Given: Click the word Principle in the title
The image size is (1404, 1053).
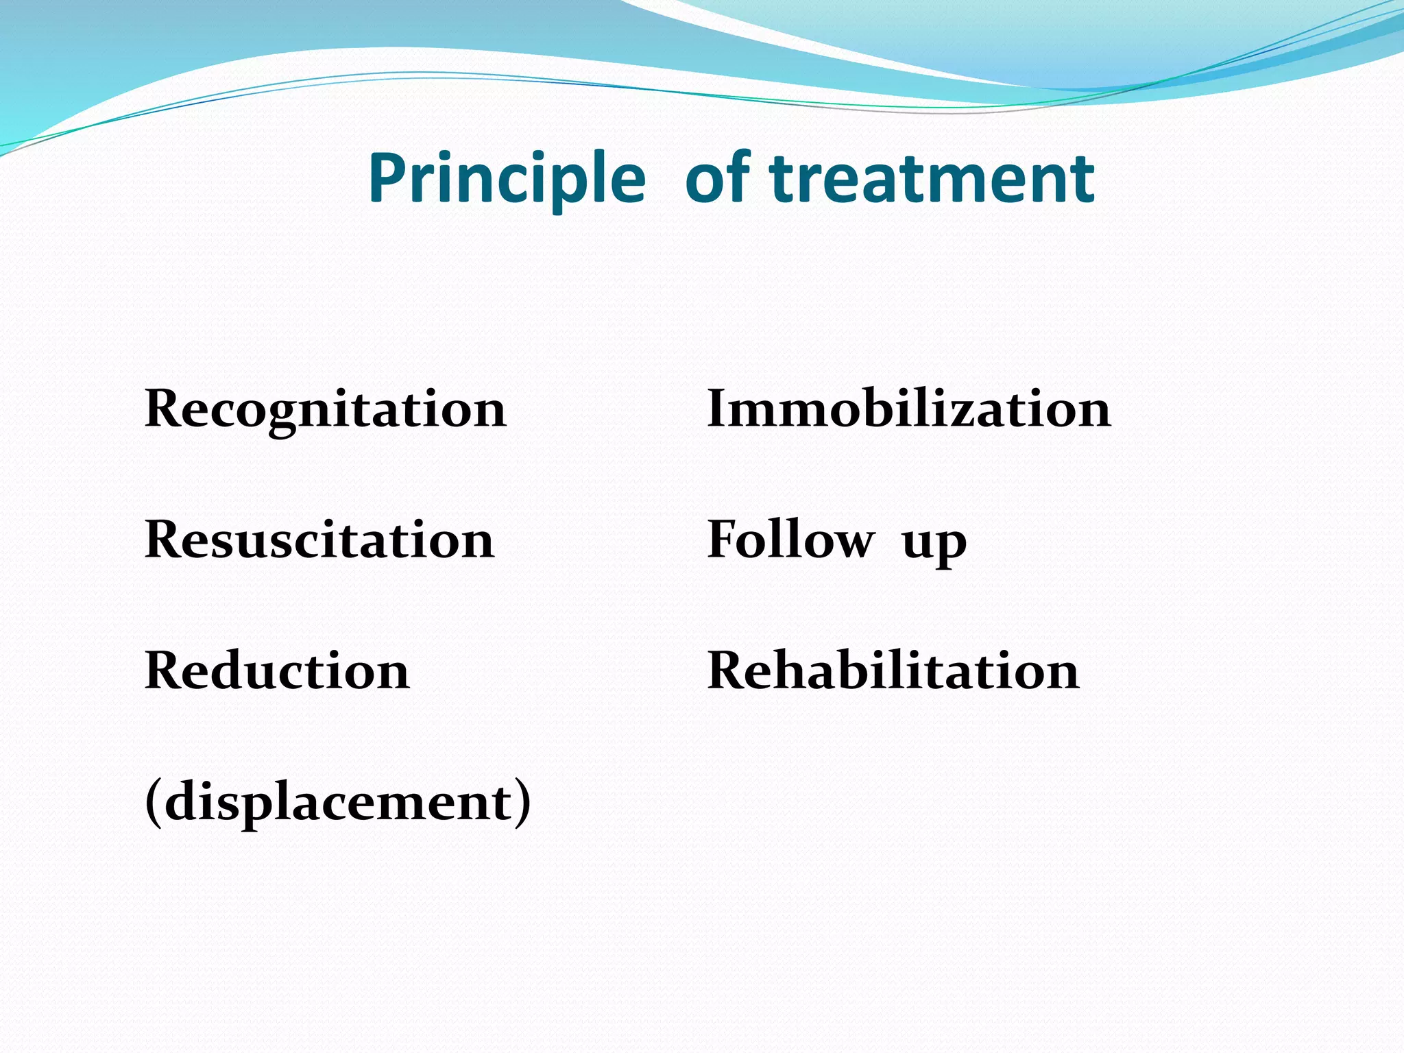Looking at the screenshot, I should pos(506,180).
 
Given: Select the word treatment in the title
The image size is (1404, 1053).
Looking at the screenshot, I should pos(932,180).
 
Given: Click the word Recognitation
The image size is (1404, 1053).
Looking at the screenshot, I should pos(326,410).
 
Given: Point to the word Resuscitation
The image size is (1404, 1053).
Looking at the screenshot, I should pos(319,540).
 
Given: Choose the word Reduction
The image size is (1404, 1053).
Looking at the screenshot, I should pos(277,671).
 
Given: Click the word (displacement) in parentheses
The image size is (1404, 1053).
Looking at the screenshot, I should pos(338,802).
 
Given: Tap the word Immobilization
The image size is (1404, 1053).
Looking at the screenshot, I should pos(908,409).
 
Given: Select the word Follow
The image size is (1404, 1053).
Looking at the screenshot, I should pos(790,540).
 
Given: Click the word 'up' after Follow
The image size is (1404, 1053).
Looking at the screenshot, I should pos(934,545).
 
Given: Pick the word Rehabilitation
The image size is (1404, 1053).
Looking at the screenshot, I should pos(893,671).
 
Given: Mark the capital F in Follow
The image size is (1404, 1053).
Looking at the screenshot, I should pos(724,540).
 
